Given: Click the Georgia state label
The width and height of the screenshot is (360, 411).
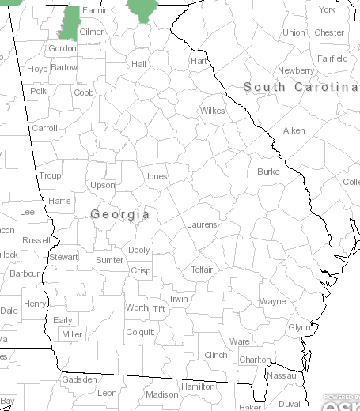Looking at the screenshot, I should pos(120,214).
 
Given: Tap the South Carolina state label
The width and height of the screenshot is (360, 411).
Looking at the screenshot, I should pos(301,86).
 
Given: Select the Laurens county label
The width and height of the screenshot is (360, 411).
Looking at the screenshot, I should pos(201,224).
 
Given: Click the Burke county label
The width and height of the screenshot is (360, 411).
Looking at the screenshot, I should pos(268,172).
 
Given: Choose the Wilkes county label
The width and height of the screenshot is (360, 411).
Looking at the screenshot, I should pos(212,111).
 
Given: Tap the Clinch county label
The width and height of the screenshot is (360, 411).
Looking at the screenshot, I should pos(216,355).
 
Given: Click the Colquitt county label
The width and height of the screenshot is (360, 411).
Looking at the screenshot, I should pos(140,332).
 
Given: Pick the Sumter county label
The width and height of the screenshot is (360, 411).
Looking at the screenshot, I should pos(109,260).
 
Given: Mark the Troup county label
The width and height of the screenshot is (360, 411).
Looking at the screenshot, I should pos(50,175).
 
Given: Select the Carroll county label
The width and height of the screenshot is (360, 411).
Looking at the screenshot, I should pos(44,128).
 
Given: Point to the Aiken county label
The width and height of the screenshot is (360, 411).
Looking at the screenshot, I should pos(294,130).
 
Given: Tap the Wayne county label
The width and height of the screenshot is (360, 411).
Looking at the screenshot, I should pos(272,301).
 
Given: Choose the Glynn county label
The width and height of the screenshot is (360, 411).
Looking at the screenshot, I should pos(299,327).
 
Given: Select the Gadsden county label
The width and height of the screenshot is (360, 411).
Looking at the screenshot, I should pos(78,379).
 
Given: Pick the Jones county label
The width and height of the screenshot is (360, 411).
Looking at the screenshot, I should pos(156,176).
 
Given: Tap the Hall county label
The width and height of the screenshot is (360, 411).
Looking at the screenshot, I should pos(139,64).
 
